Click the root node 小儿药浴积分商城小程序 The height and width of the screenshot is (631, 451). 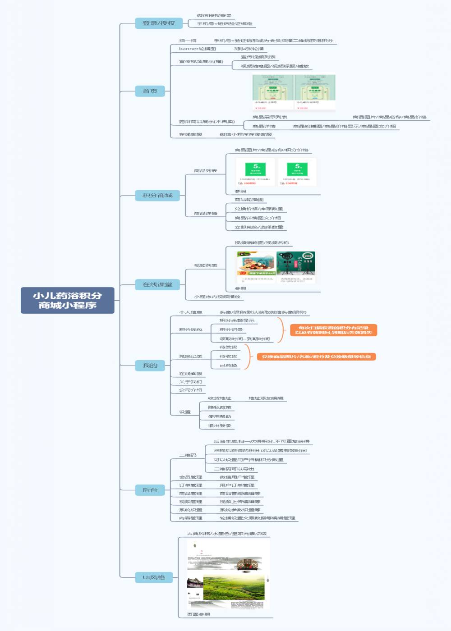tap(67, 300)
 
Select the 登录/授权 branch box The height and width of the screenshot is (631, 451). tap(158, 23)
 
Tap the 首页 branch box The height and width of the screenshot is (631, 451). tap(150, 91)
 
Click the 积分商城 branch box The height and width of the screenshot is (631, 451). tap(157, 195)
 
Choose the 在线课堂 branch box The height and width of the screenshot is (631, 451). tap(157, 284)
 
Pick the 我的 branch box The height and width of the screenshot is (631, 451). tap(150, 366)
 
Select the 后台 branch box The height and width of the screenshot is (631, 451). tap(150, 490)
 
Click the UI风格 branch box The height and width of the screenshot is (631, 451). tap(154, 577)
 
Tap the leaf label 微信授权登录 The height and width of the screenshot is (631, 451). tap(214, 16)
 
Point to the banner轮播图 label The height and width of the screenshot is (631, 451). tap(197, 49)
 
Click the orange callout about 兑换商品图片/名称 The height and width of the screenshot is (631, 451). tap(316, 357)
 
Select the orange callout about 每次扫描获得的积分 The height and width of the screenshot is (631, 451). tap(333, 330)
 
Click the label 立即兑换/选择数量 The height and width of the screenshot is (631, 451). tap(259, 227)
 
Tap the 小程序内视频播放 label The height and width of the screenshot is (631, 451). tap(217, 297)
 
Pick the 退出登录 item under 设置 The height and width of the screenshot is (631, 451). tap(219, 425)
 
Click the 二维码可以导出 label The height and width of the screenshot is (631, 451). tap(234, 469)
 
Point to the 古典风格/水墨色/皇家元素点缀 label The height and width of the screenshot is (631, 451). tap(226, 534)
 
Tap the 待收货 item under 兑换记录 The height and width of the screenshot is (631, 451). tap(228, 356)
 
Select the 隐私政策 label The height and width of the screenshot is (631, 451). tap(219, 407)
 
